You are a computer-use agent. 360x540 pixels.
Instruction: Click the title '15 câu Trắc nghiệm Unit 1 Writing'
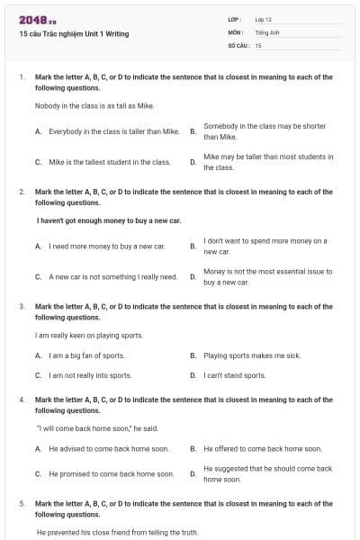[74, 34]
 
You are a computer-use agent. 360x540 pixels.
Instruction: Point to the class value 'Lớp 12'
[263, 19]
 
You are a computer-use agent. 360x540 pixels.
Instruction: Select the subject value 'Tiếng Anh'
[267, 31]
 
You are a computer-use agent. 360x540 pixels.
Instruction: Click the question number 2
[22, 192]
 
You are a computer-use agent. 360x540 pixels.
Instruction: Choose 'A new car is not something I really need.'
[112, 276]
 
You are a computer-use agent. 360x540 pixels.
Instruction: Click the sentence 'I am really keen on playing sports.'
[89, 335]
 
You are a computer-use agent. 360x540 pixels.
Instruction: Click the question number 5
[22, 504]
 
